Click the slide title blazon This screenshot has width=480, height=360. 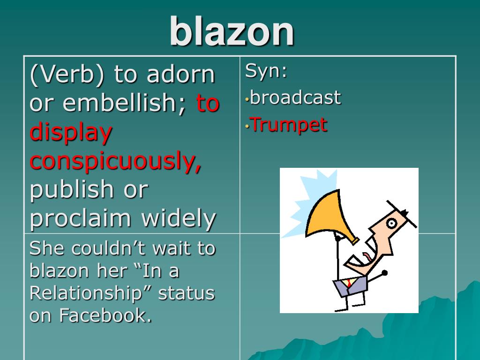point(232,31)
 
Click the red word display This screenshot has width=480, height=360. point(71,132)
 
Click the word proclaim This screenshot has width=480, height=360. point(81,218)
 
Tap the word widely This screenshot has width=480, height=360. point(179,218)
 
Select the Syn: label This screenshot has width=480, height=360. point(266,71)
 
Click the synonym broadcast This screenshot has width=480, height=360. point(295,98)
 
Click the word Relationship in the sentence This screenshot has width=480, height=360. point(86,293)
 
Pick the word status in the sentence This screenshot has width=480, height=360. point(186,293)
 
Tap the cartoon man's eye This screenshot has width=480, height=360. point(391,223)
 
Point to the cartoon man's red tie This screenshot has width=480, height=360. point(350,283)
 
